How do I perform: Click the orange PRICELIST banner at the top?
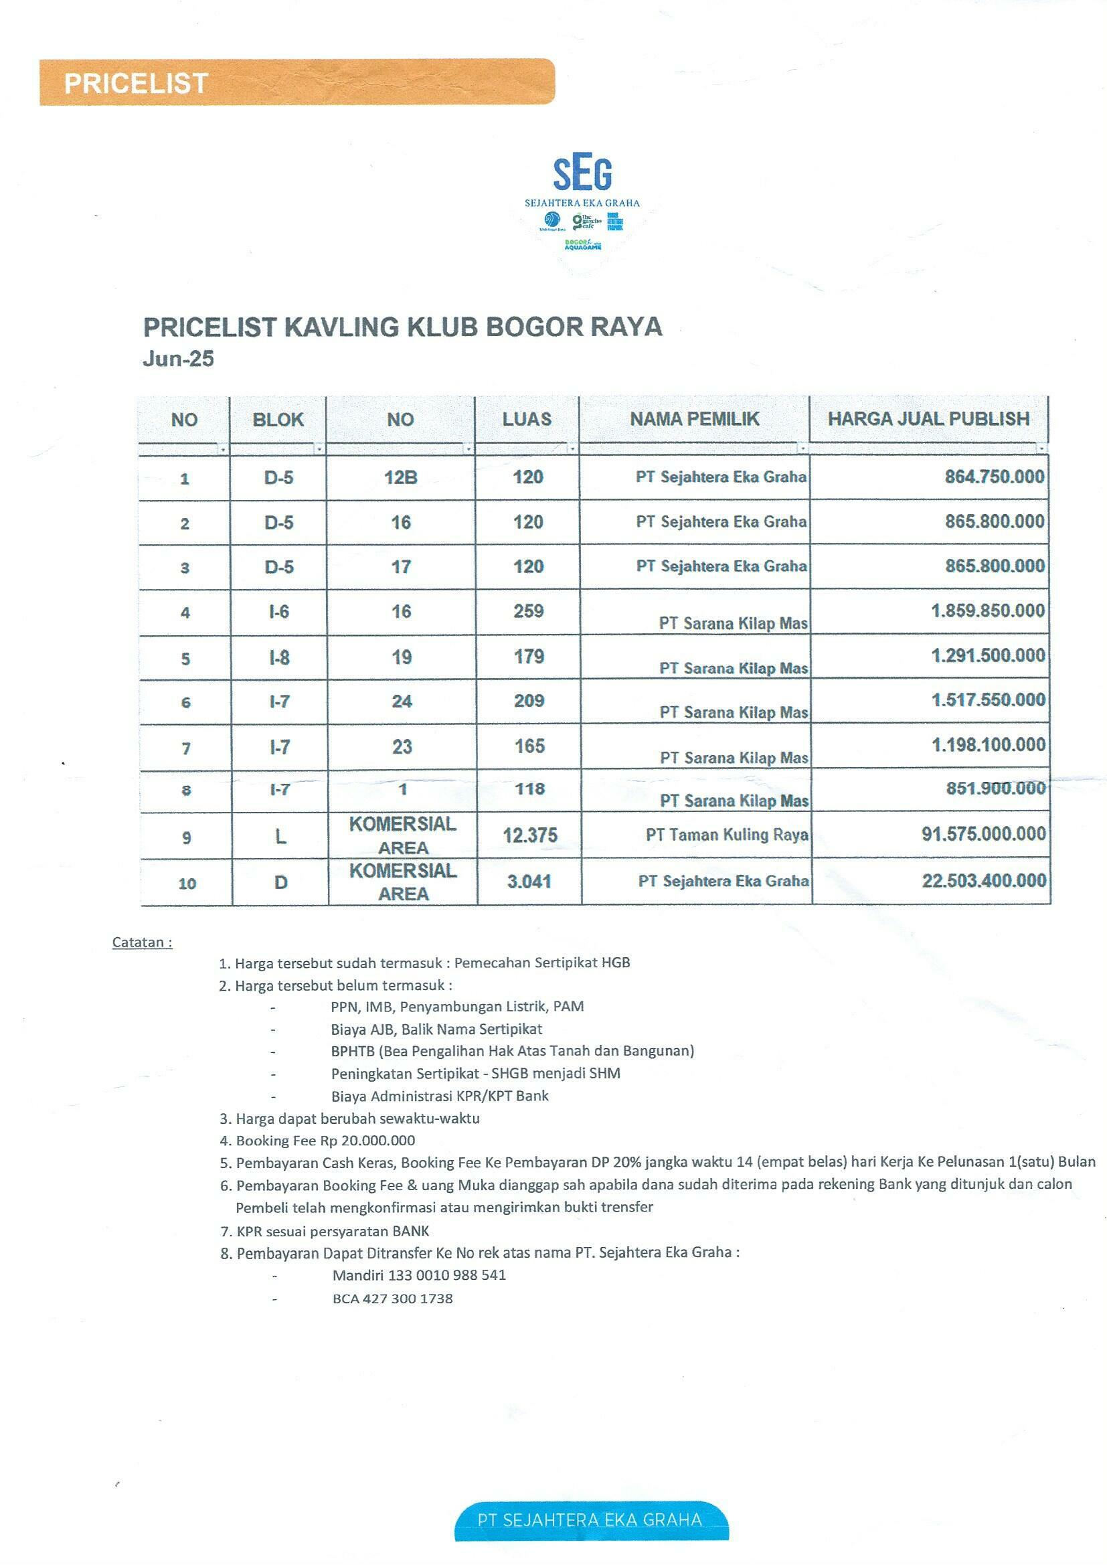(x=296, y=82)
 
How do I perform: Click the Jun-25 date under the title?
(x=178, y=359)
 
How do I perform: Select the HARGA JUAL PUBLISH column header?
(x=928, y=418)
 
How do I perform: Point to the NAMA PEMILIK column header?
(x=694, y=418)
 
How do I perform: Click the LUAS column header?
(x=527, y=418)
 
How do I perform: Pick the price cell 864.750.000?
(x=994, y=477)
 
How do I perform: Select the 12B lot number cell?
(x=401, y=477)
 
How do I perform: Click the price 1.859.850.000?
(x=988, y=610)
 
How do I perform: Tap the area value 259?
(x=528, y=610)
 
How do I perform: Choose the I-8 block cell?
(x=279, y=657)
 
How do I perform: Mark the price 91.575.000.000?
(x=984, y=833)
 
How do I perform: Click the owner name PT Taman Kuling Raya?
(x=727, y=834)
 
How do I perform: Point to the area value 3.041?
(x=529, y=882)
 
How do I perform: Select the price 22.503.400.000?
(x=984, y=881)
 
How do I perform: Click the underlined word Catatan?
(x=142, y=942)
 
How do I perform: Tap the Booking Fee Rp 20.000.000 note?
(x=325, y=1141)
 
